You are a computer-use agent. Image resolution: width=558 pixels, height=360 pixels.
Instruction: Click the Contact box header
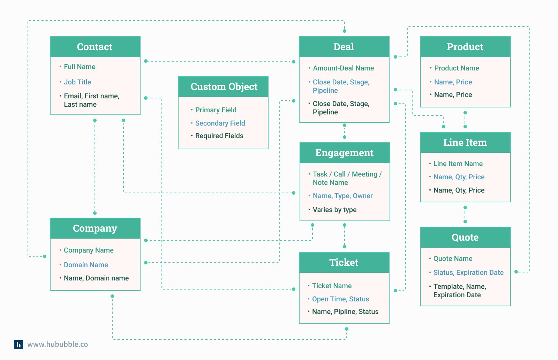(x=95, y=47)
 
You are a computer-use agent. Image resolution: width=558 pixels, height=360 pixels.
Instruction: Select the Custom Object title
(x=224, y=87)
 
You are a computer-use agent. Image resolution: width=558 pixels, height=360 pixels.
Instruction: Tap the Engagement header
(x=344, y=153)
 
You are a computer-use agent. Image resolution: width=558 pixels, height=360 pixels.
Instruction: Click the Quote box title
(x=465, y=238)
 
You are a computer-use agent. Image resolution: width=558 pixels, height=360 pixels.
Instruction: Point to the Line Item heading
(x=465, y=143)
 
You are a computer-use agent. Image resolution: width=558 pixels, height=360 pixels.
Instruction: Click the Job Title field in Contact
(x=77, y=82)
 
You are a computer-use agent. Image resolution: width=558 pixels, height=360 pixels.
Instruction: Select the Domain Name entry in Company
(x=86, y=265)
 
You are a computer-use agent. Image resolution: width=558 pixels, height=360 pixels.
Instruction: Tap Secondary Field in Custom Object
(x=220, y=123)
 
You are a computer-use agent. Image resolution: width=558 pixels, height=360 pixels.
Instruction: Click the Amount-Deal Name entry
(x=343, y=68)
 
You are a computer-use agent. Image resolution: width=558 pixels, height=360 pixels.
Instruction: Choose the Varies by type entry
(x=334, y=210)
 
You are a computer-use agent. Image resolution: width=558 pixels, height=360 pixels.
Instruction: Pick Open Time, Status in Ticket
(x=340, y=299)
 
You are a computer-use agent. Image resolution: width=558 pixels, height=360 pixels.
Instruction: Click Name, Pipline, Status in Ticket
(x=345, y=312)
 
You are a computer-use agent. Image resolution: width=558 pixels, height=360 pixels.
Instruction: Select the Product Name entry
(x=457, y=68)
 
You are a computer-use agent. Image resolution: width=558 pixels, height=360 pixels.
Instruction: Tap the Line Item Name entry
(x=458, y=164)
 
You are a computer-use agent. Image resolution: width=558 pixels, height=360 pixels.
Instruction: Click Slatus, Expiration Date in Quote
(x=468, y=272)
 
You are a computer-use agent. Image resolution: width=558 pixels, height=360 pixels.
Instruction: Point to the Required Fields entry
(x=219, y=136)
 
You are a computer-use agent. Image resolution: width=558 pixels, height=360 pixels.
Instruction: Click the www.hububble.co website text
(x=58, y=344)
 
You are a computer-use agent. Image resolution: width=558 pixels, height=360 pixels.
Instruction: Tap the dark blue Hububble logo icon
(x=18, y=344)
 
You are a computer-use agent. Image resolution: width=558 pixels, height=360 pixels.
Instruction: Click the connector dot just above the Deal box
(x=345, y=31)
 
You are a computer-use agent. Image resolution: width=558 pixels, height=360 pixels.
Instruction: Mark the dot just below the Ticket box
(x=346, y=329)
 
